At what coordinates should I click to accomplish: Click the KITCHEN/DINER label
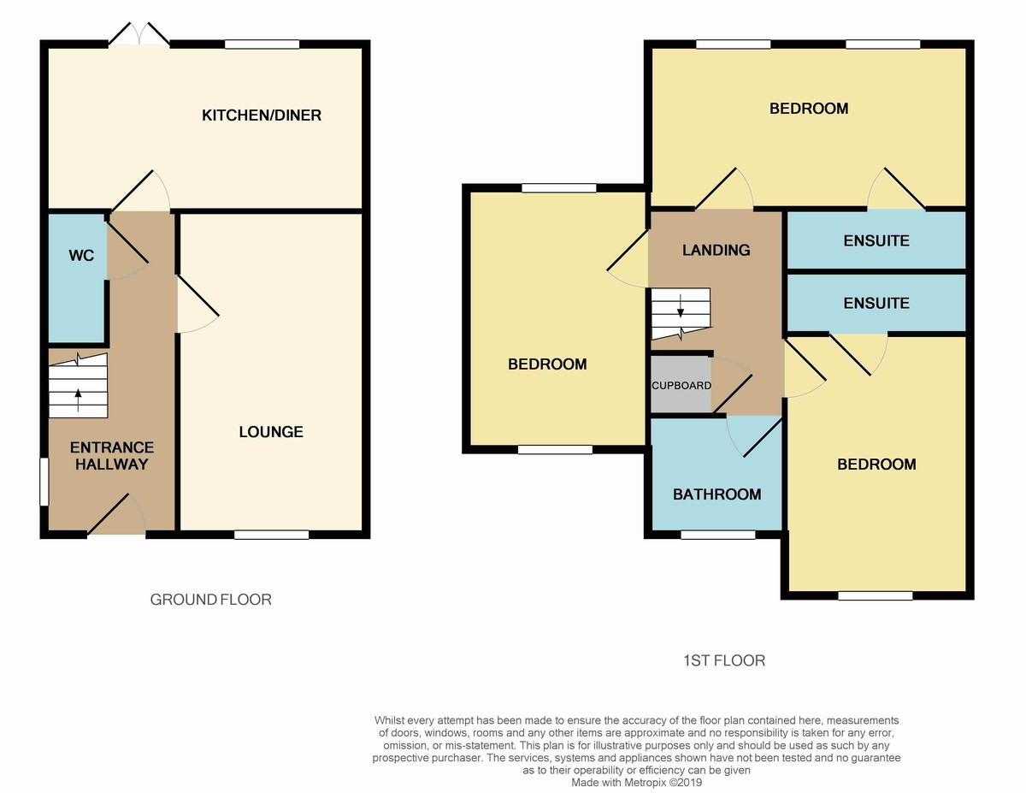[x=262, y=115]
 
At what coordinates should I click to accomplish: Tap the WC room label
[x=81, y=256]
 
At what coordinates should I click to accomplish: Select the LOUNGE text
[x=271, y=432]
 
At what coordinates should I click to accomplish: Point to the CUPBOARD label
[x=681, y=385]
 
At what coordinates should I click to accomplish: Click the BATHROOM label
[x=716, y=494]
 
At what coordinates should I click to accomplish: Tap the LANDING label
[x=716, y=250]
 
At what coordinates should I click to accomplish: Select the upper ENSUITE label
[x=876, y=241]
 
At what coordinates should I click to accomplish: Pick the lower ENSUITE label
[x=876, y=304]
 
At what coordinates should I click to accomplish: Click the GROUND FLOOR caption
[x=211, y=600]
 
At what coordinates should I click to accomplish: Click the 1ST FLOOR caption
[x=723, y=660]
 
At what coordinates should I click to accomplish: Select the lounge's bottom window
[x=271, y=535]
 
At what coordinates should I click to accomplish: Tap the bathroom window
[x=718, y=535]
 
